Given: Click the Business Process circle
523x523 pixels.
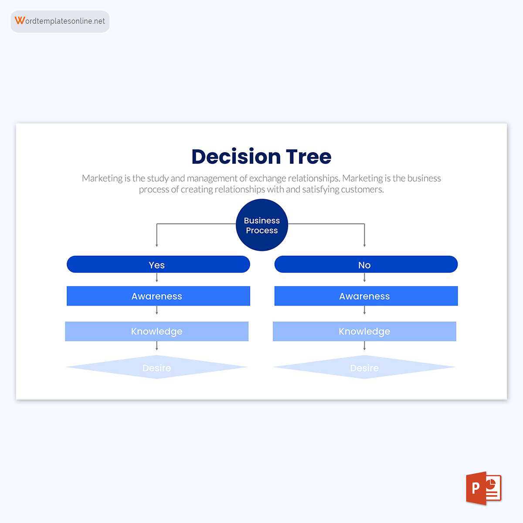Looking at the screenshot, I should pyautogui.click(x=262, y=225).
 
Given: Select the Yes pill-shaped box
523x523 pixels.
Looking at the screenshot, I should pyautogui.click(x=158, y=265).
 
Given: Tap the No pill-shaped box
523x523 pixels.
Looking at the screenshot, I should pyautogui.click(x=366, y=265).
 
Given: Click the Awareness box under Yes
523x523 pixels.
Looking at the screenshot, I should pyautogui.click(x=158, y=296).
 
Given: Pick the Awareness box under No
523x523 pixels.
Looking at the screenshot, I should pyautogui.click(x=366, y=296).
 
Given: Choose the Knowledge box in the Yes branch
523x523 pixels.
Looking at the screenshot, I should pyautogui.click(x=157, y=331).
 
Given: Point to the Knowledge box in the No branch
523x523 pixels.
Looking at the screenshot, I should pyautogui.click(x=364, y=331).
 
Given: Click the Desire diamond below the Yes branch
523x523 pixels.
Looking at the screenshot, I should pyautogui.click(x=157, y=367).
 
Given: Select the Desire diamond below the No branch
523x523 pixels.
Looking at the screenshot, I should pyautogui.click(x=364, y=367).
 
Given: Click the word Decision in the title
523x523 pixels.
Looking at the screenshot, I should pyautogui.click(x=236, y=157).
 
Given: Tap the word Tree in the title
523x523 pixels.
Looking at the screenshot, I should pyautogui.click(x=309, y=157).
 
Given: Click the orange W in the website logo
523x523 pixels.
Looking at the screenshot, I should pyautogui.click(x=20, y=20).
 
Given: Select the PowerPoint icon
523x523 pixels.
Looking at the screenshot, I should pyautogui.click(x=484, y=488).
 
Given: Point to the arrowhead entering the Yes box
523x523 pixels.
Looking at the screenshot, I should pyautogui.click(x=157, y=245).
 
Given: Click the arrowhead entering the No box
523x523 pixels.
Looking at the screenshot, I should pyautogui.click(x=364, y=245).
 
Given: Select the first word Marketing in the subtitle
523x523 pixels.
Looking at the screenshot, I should pyautogui.click(x=102, y=178).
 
